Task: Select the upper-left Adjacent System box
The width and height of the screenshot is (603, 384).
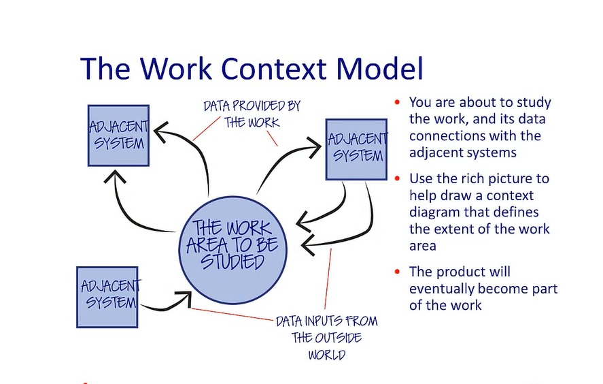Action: coord(118,135)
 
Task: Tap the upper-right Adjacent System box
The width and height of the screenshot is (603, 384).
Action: coord(356,149)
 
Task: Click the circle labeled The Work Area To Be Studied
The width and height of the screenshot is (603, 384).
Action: coord(235,244)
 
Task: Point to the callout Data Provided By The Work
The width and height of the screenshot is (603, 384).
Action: coord(252,114)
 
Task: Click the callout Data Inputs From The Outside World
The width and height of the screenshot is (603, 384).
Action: coord(326,337)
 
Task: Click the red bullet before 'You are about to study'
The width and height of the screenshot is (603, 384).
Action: coord(397,103)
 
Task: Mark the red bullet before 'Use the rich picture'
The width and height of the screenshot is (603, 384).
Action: coord(397,179)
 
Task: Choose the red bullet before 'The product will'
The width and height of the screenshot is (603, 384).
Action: coord(397,272)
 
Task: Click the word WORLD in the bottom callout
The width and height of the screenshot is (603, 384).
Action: coord(326,354)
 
